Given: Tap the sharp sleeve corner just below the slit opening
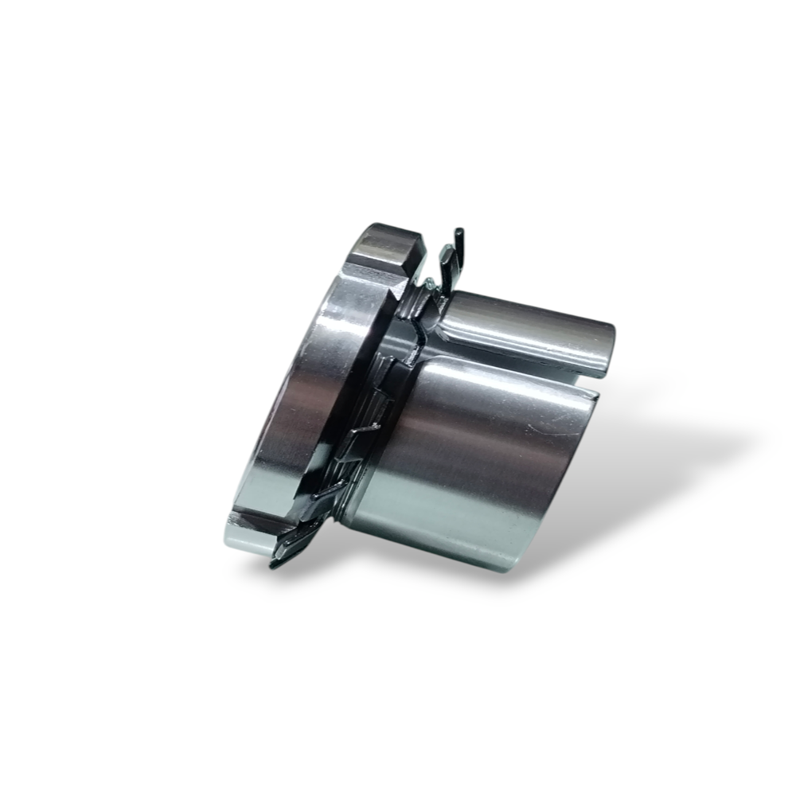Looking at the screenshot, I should tap(595, 396).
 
